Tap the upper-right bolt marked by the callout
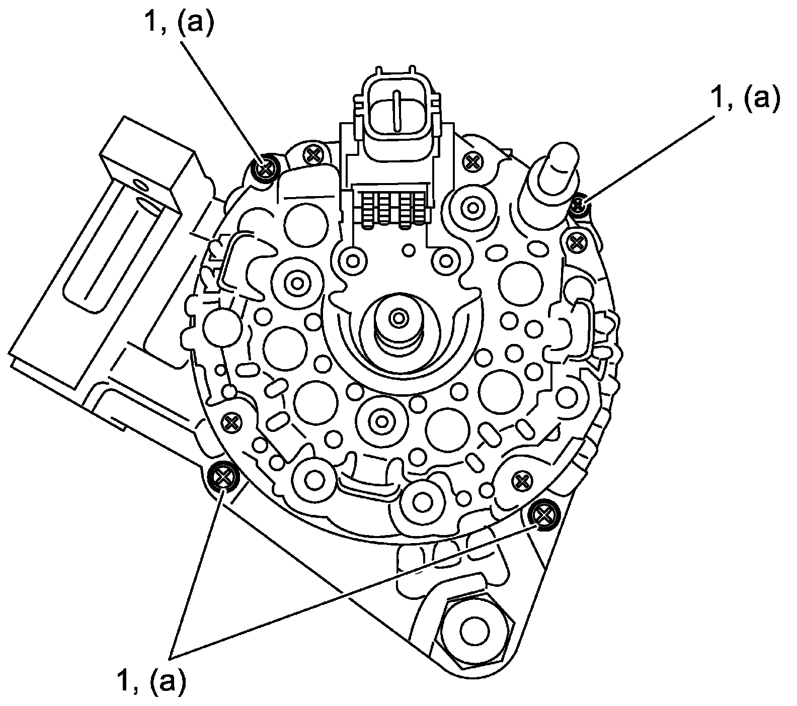(x=579, y=205)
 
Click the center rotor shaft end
(x=400, y=318)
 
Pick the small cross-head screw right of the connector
(x=472, y=161)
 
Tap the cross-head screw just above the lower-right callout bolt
(x=522, y=481)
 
